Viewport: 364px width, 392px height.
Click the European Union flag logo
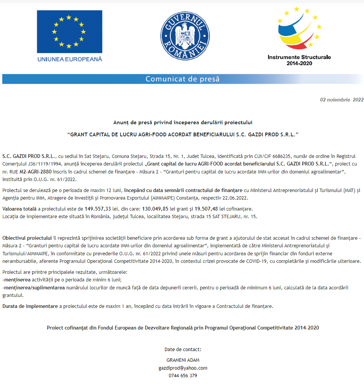69,32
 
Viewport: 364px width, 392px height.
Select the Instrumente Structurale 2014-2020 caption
299,60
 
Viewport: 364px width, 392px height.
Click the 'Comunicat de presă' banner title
182,79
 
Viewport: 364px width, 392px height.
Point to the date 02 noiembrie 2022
342,100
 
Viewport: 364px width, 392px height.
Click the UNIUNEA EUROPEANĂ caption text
69,59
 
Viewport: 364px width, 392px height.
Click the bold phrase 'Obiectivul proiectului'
27,238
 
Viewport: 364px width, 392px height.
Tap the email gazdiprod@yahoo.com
183,368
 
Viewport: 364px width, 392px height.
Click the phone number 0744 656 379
183,376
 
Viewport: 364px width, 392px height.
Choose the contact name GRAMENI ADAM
183,360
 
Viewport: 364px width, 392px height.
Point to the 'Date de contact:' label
183,349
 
